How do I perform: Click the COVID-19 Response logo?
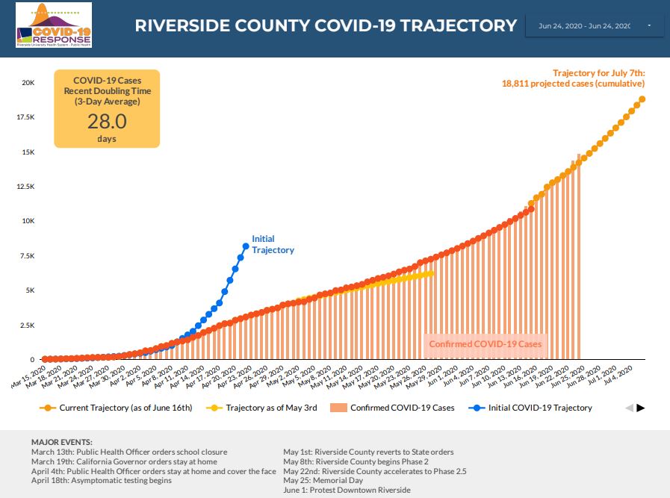[53, 25]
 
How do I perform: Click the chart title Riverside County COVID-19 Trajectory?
[326, 25]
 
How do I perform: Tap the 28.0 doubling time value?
[107, 122]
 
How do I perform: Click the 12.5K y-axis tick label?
[25, 187]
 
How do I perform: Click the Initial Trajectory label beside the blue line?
[273, 244]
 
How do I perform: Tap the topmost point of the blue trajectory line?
[246, 246]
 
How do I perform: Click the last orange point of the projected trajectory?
[642, 99]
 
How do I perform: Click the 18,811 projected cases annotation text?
[573, 84]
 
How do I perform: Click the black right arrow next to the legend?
[640, 408]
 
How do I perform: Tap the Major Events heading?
[62, 443]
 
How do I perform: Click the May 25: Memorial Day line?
[323, 481]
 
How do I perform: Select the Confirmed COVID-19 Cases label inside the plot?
[485, 344]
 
